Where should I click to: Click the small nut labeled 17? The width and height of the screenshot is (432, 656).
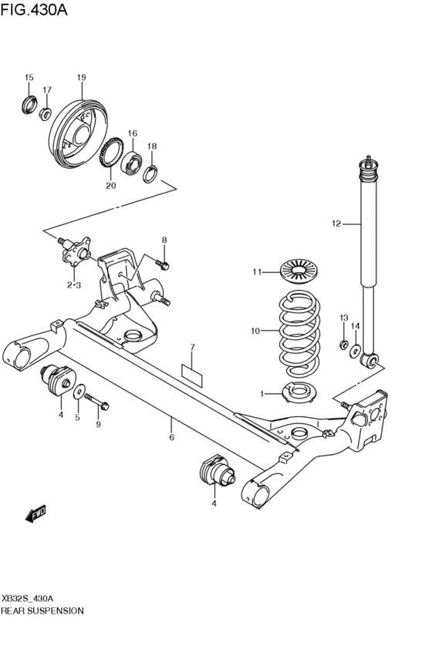pyautogui.click(x=46, y=115)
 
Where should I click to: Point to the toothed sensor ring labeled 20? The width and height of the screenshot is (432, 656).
pyautogui.click(x=114, y=155)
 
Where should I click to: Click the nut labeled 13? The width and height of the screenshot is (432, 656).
pyautogui.click(x=343, y=343)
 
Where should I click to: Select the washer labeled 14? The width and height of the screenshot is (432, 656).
pyautogui.click(x=356, y=352)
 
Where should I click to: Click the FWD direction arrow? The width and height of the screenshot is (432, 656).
pyautogui.click(x=35, y=514)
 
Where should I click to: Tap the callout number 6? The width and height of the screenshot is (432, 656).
pyautogui.click(x=171, y=438)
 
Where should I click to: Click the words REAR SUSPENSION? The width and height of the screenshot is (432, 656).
pyautogui.click(x=42, y=610)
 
